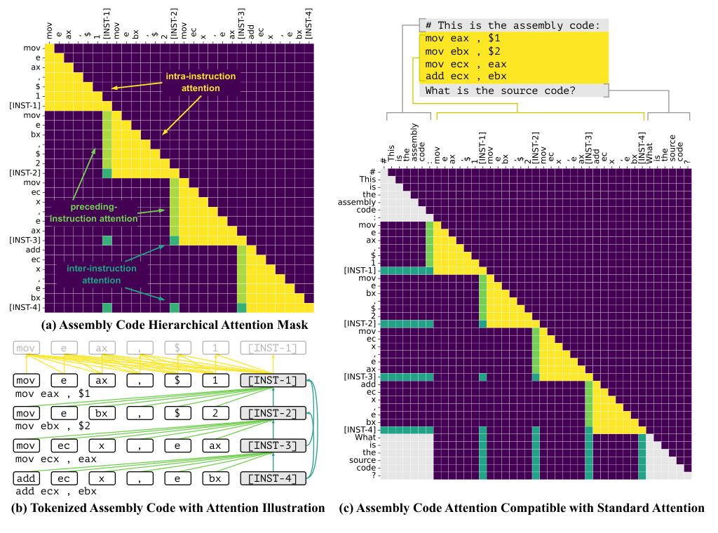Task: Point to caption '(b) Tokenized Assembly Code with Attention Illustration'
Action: (x=166, y=508)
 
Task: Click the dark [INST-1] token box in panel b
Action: (x=273, y=380)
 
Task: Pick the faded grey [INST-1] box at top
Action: (x=273, y=348)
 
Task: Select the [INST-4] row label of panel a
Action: (x=24, y=307)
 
